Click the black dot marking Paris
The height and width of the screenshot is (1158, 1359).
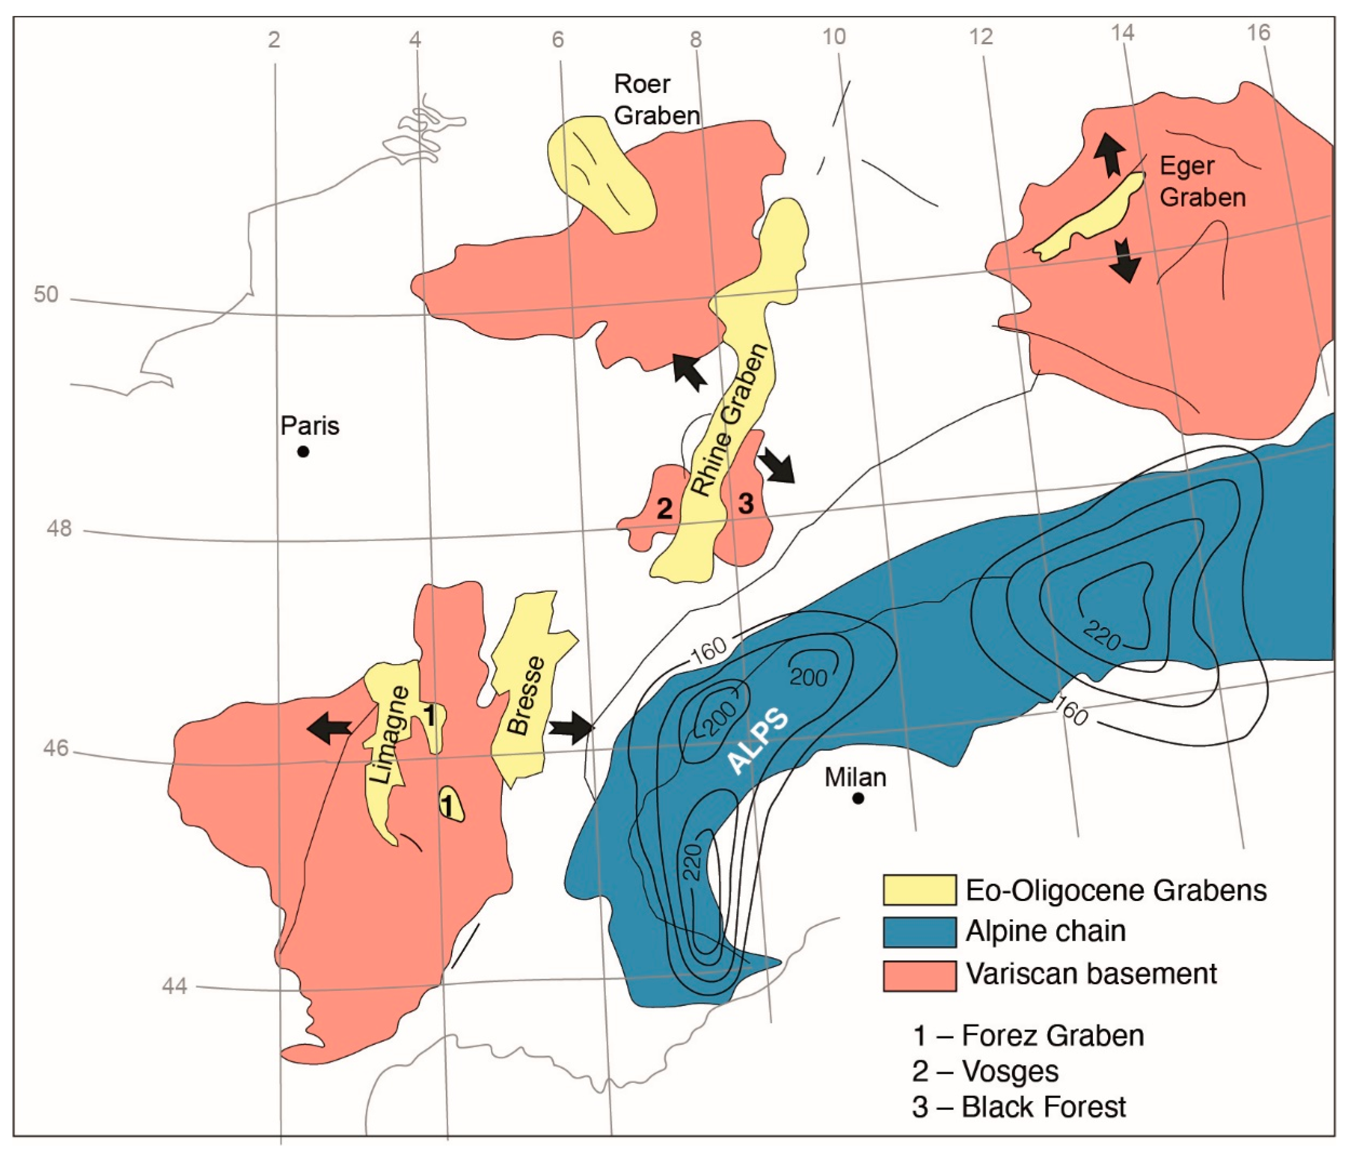(x=303, y=451)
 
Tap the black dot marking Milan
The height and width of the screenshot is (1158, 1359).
(x=858, y=798)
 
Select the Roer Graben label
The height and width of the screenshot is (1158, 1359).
(x=656, y=100)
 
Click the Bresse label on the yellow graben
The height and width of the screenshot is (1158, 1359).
(x=527, y=695)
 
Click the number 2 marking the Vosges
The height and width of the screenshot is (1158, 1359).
(x=664, y=509)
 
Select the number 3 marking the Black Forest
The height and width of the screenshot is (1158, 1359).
(x=746, y=504)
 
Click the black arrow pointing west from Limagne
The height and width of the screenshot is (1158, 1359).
(x=330, y=728)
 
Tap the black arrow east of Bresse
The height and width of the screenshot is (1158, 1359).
(x=570, y=728)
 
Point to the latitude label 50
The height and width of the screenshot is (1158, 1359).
(x=46, y=295)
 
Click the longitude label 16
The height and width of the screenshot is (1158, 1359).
(x=1259, y=33)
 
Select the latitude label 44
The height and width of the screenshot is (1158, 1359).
(x=174, y=986)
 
